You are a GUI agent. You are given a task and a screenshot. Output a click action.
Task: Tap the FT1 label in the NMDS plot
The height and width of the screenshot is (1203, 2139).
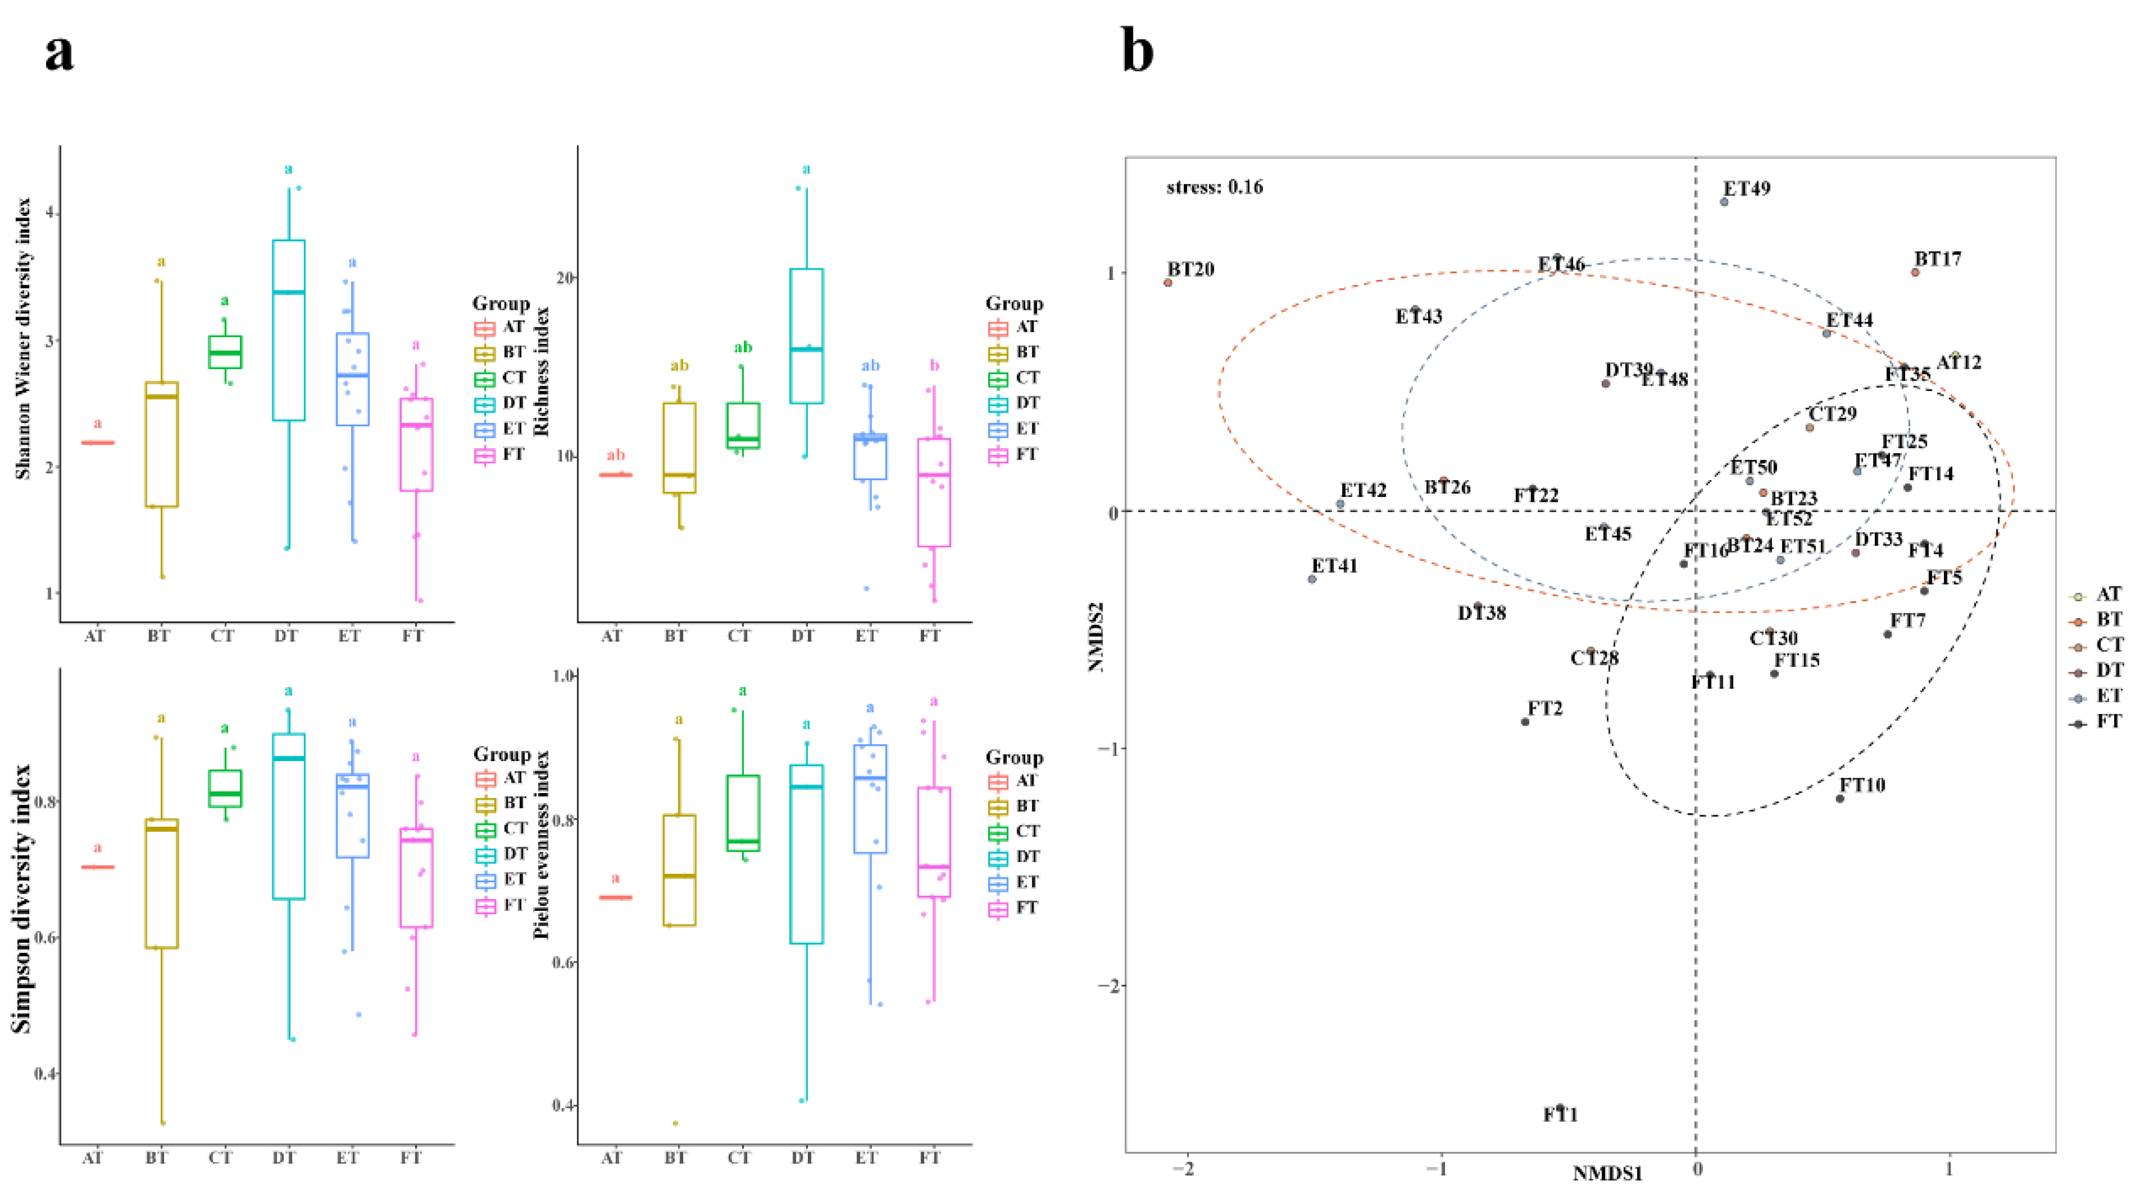pos(1560,1115)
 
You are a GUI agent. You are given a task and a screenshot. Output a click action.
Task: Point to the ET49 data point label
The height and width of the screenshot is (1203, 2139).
pos(1747,189)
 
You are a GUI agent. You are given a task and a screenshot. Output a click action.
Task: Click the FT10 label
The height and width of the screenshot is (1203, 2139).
pos(1863,785)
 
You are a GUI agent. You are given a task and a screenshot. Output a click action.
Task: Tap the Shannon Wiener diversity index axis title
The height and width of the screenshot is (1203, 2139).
pos(23,339)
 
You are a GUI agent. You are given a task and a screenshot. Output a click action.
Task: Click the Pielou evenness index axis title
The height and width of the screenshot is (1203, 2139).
pos(542,845)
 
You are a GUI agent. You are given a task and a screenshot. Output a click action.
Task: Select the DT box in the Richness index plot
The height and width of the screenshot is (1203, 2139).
pos(806,336)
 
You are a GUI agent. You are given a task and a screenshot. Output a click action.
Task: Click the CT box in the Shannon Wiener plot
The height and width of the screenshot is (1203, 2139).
pos(224,352)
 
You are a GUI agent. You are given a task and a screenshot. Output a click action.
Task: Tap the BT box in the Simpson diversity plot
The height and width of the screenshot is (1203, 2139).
pos(161,883)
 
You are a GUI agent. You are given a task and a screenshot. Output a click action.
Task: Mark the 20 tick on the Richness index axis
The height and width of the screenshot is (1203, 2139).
pos(565,277)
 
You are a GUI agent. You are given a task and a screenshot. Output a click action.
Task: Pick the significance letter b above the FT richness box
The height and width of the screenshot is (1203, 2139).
pos(935,365)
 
